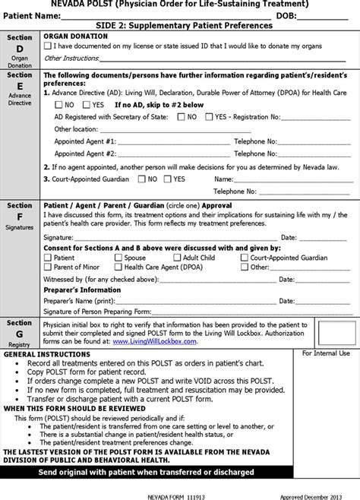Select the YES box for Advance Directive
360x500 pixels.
pyautogui.click(x=86, y=105)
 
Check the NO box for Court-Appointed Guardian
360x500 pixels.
pyautogui.click(x=141, y=179)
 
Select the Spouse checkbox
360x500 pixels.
pyautogui.click(x=118, y=258)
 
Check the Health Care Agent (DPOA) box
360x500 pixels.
pyautogui.click(x=118, y=267)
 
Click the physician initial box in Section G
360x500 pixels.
pyautogui.click(x=336, y=332)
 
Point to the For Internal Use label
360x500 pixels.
pyautogui.click(x=326, y=353)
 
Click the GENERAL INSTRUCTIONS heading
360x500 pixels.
pyautogui.click(x=44, y=355)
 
